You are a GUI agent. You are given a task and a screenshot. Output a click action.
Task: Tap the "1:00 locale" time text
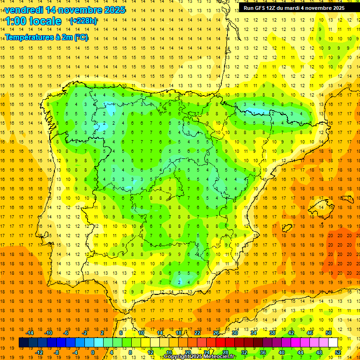pos(33,21)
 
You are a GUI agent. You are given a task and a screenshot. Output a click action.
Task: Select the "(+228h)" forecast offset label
pos(83,21)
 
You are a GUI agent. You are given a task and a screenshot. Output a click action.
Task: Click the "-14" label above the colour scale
pos(30,333)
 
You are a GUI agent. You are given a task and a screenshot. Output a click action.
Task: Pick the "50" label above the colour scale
pos(328,333)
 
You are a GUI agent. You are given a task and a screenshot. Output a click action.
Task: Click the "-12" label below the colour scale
pos(39,352)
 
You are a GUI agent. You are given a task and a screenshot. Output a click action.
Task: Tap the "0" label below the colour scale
pos(93,352)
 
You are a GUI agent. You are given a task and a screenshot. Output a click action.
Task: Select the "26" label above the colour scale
pos(216,333)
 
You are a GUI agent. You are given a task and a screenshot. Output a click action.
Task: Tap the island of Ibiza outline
pos(287,228)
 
